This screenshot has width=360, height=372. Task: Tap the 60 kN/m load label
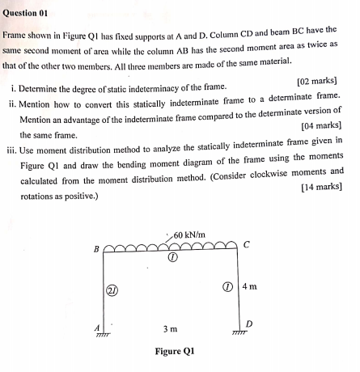coord(192,235)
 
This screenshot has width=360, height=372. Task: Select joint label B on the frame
coord(98,248)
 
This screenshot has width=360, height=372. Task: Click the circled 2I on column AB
coord(112,289)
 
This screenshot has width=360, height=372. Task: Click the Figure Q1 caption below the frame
coord(174,352)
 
